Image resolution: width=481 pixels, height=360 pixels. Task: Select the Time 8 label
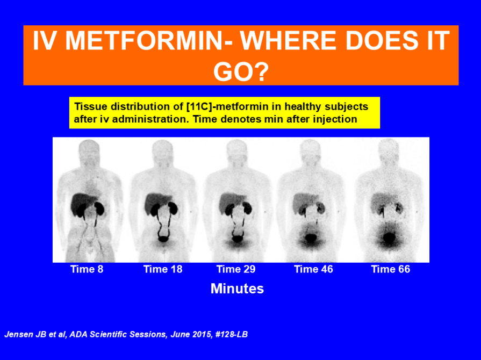(87, 269)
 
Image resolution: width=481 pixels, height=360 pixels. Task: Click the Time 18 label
(163, 269)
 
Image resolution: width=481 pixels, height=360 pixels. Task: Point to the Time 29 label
(236, 269)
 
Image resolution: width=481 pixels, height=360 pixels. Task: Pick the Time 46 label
(313, 269)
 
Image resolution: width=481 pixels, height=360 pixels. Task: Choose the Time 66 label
(391, 269)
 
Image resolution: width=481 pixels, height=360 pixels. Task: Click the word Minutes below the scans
(237, 289)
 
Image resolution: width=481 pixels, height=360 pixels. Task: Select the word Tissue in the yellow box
(91, 106)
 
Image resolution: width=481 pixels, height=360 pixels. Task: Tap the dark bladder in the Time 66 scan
(389, 238)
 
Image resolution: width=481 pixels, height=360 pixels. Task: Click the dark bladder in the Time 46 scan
(311, 238)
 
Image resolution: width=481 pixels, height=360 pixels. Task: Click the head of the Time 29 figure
(236, 151)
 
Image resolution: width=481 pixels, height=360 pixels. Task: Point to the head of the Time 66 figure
(389, 151)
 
